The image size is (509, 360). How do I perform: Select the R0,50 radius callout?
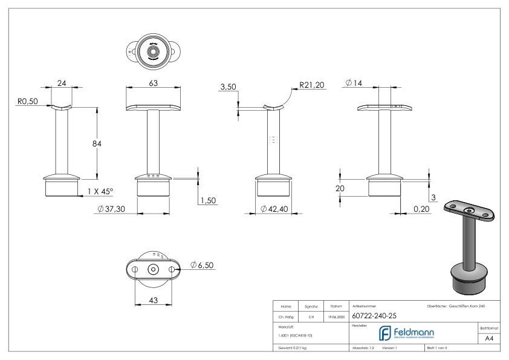point(27,102)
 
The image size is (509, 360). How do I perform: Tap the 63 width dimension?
point(154,82)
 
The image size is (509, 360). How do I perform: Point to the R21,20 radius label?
point(312,85)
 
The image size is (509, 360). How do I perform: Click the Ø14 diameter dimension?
point(354,82)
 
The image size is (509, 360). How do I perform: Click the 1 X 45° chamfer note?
point(100,191)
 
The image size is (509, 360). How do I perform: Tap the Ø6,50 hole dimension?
point(202,265)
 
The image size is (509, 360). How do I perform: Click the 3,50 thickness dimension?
point(228,88)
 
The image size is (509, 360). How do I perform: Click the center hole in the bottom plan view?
point(153,269)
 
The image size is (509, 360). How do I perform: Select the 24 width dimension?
point(60,82)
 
